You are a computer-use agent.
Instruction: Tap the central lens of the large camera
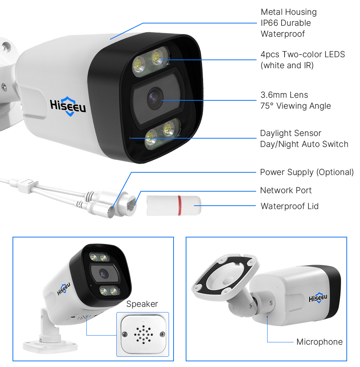pos(155,98)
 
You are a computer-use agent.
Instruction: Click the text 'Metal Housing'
pos(288,12)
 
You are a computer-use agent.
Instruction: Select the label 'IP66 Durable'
pos(286,23)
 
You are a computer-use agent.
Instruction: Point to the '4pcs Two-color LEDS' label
pos(303,54)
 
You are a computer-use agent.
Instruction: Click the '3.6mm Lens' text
pos(284,95)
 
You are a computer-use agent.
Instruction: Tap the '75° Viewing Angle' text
pos(296,106)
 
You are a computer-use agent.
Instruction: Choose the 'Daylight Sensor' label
pos(291,133)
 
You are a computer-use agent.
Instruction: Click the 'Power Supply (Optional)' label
pos(307,172)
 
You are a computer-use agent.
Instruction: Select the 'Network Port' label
pos(286,190)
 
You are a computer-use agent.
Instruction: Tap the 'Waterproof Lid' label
pos(290,206)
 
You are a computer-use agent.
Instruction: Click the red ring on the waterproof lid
pos(179,206)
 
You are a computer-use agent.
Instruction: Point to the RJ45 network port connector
pos(128,204)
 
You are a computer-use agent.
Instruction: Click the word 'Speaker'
pos(142,304)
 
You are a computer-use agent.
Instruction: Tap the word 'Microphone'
pos(319,342)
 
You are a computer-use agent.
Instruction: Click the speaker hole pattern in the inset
pos(143,335)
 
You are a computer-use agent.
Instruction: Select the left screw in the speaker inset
pos(125,334)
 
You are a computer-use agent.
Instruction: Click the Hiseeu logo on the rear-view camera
pos(318,298)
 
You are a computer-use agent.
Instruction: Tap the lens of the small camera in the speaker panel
pos(103,273)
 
